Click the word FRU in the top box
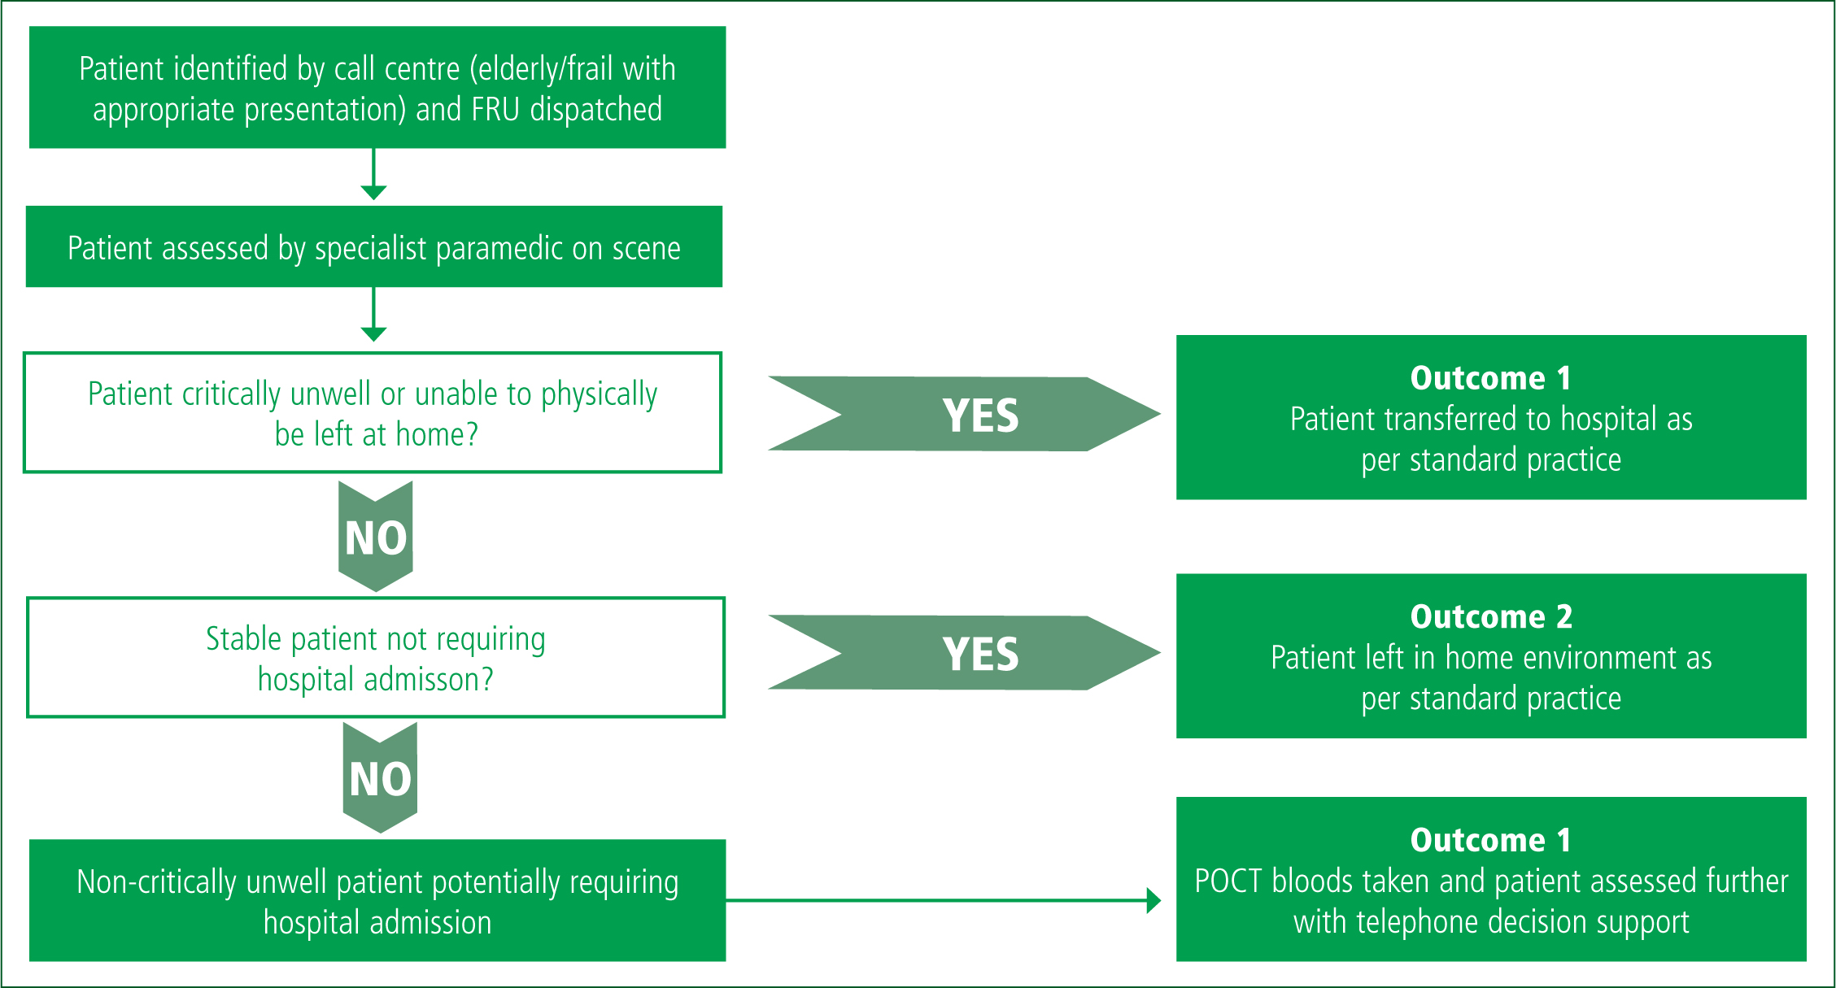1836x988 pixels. (x=495, y=109)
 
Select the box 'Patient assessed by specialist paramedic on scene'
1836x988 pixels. (x=374, y=246)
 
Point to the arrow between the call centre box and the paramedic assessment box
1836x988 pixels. (x=373, y=174)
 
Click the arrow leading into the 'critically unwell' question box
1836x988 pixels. (x=373, y=315)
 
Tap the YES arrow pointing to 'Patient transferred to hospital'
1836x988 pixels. (x=965, y=414)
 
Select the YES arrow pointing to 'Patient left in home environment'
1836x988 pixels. (x=965, y=653)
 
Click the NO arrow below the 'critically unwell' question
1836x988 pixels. (x=376, y=537)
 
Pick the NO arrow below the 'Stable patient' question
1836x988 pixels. (x=380, y=778)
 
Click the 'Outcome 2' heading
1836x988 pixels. (x=1491, y=617)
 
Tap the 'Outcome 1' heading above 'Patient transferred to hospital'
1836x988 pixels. (x=1490, y=378)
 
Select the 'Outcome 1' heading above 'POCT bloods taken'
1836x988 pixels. (x=1490, y=840)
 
